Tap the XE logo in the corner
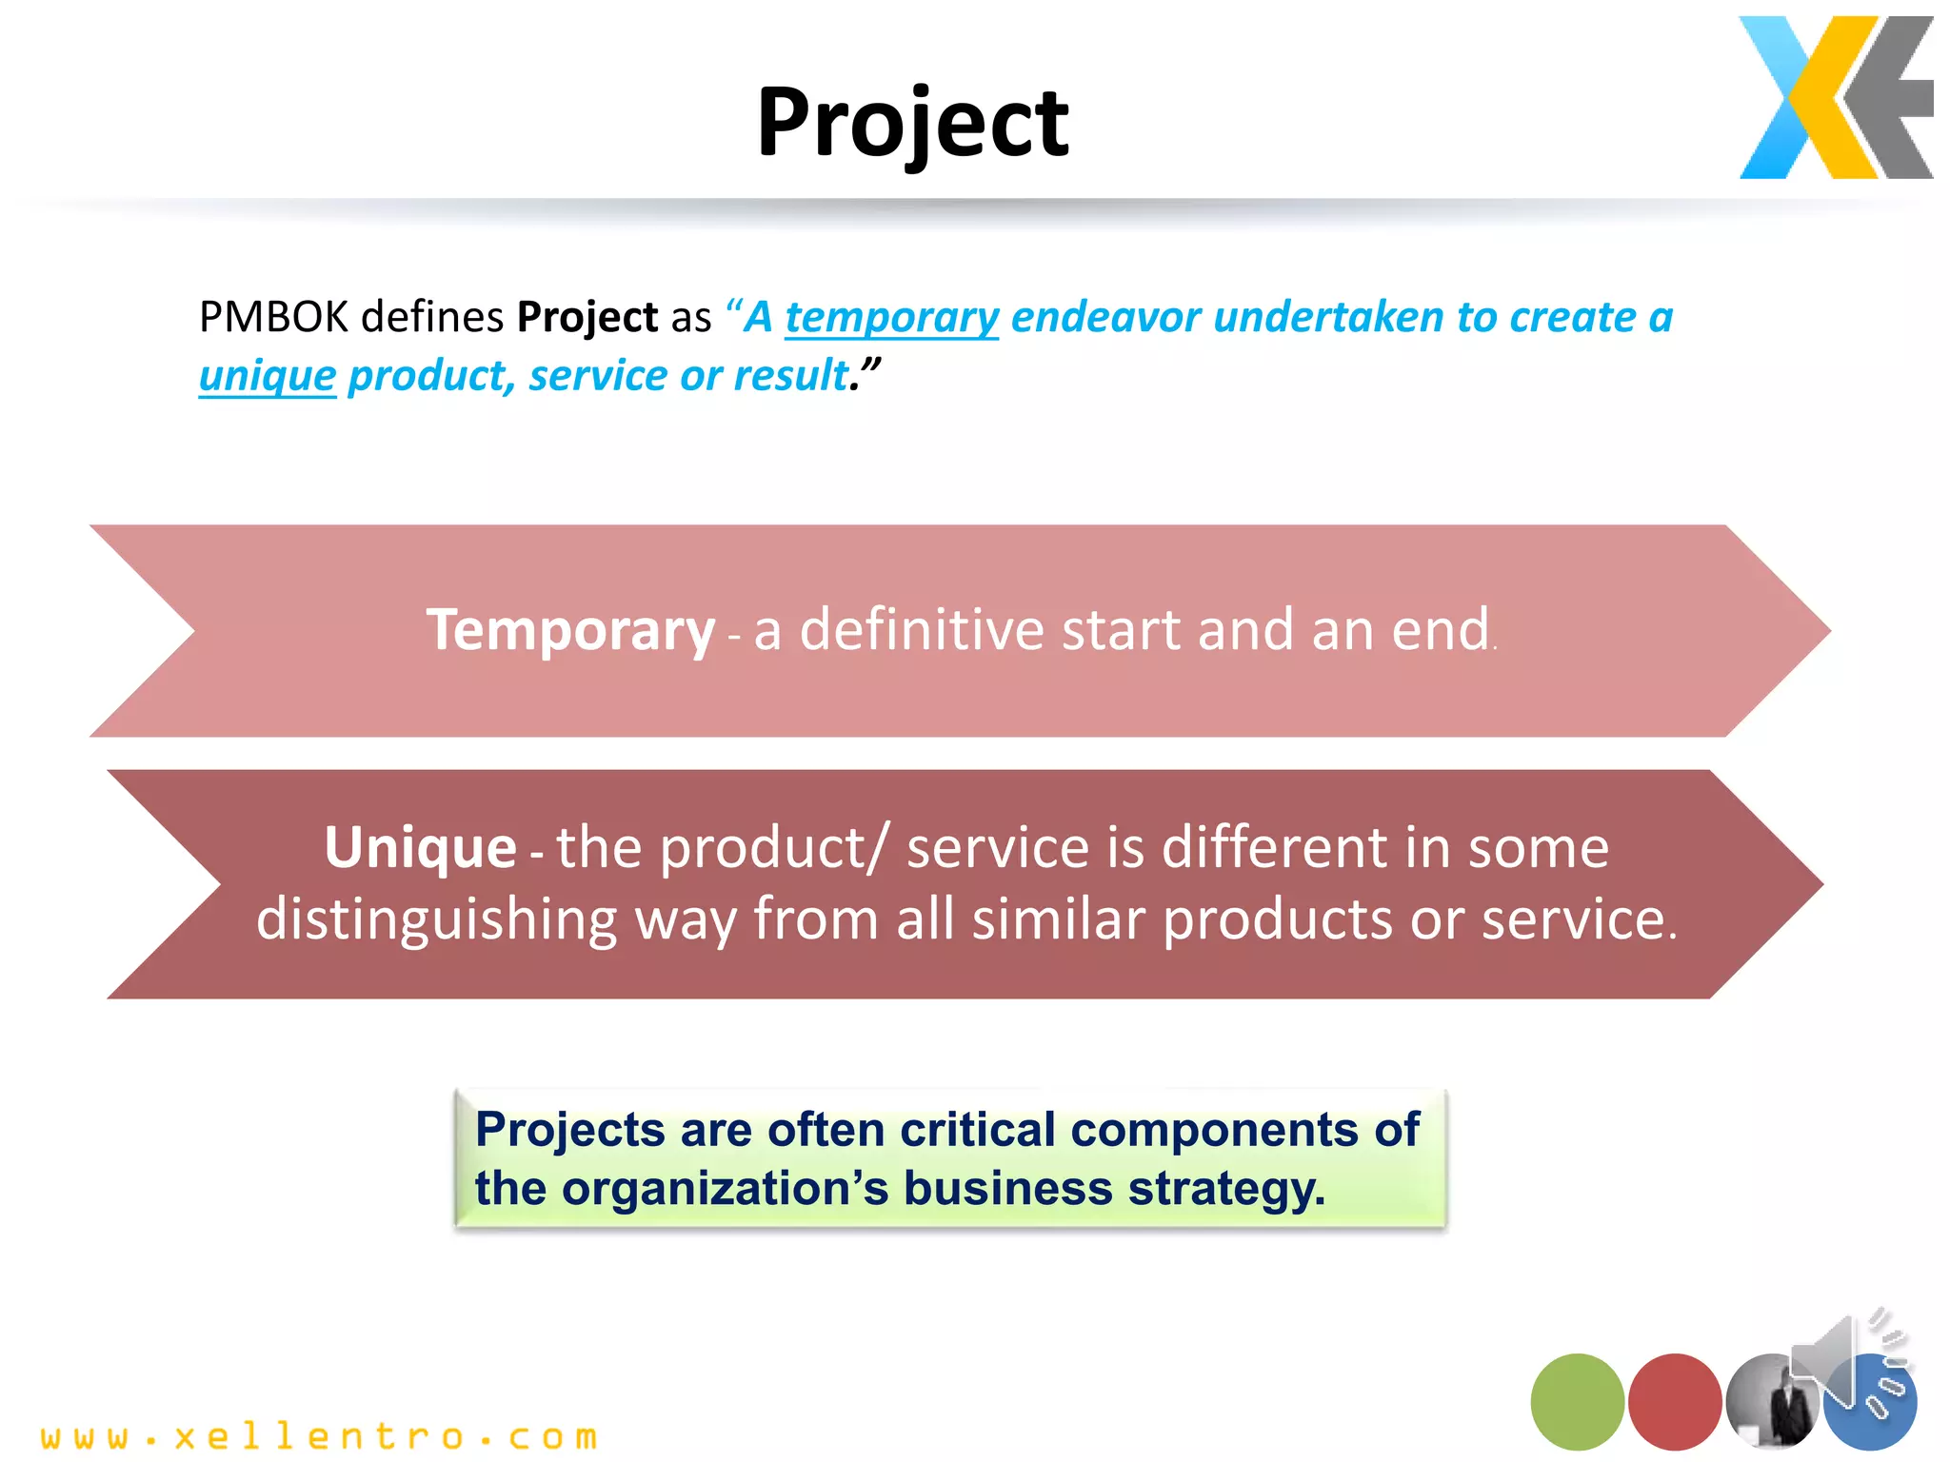point(1835,97)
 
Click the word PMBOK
point(273,317)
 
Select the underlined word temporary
point(891,317)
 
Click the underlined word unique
point(268,376)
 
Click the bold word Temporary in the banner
point(569,630)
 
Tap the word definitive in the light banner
point(922,630)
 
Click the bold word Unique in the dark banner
point(420,847)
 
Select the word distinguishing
point(437,919)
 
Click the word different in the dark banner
point(1269,847)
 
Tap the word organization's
point(725,1189)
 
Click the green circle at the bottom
point(1577,1401)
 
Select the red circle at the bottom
point(1674,1401)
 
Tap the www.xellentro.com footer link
point(319,1436)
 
